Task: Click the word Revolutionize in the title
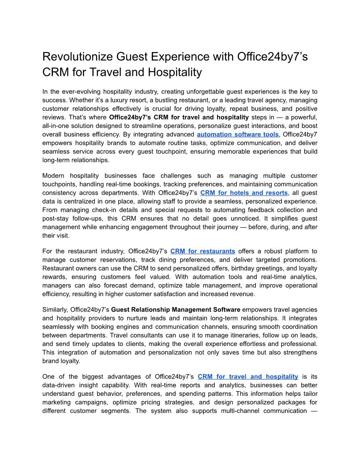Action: point(78,57)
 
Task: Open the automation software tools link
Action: point(238,134)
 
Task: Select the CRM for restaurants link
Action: point(202,251)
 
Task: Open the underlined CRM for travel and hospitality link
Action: point(248,376)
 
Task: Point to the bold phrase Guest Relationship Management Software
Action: point(176,310)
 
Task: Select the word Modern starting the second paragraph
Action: point(54,176)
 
